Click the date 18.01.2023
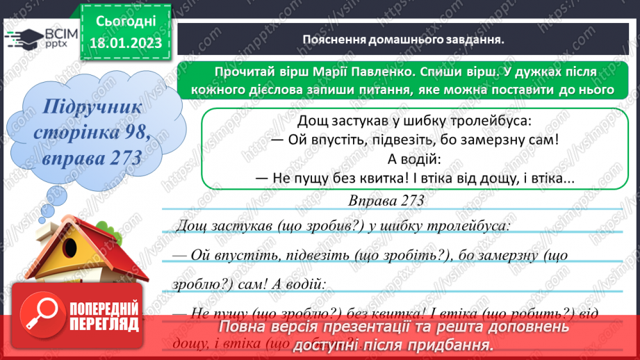click(126, 43)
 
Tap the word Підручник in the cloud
click(91, 108)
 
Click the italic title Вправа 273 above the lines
click(388, 200)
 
